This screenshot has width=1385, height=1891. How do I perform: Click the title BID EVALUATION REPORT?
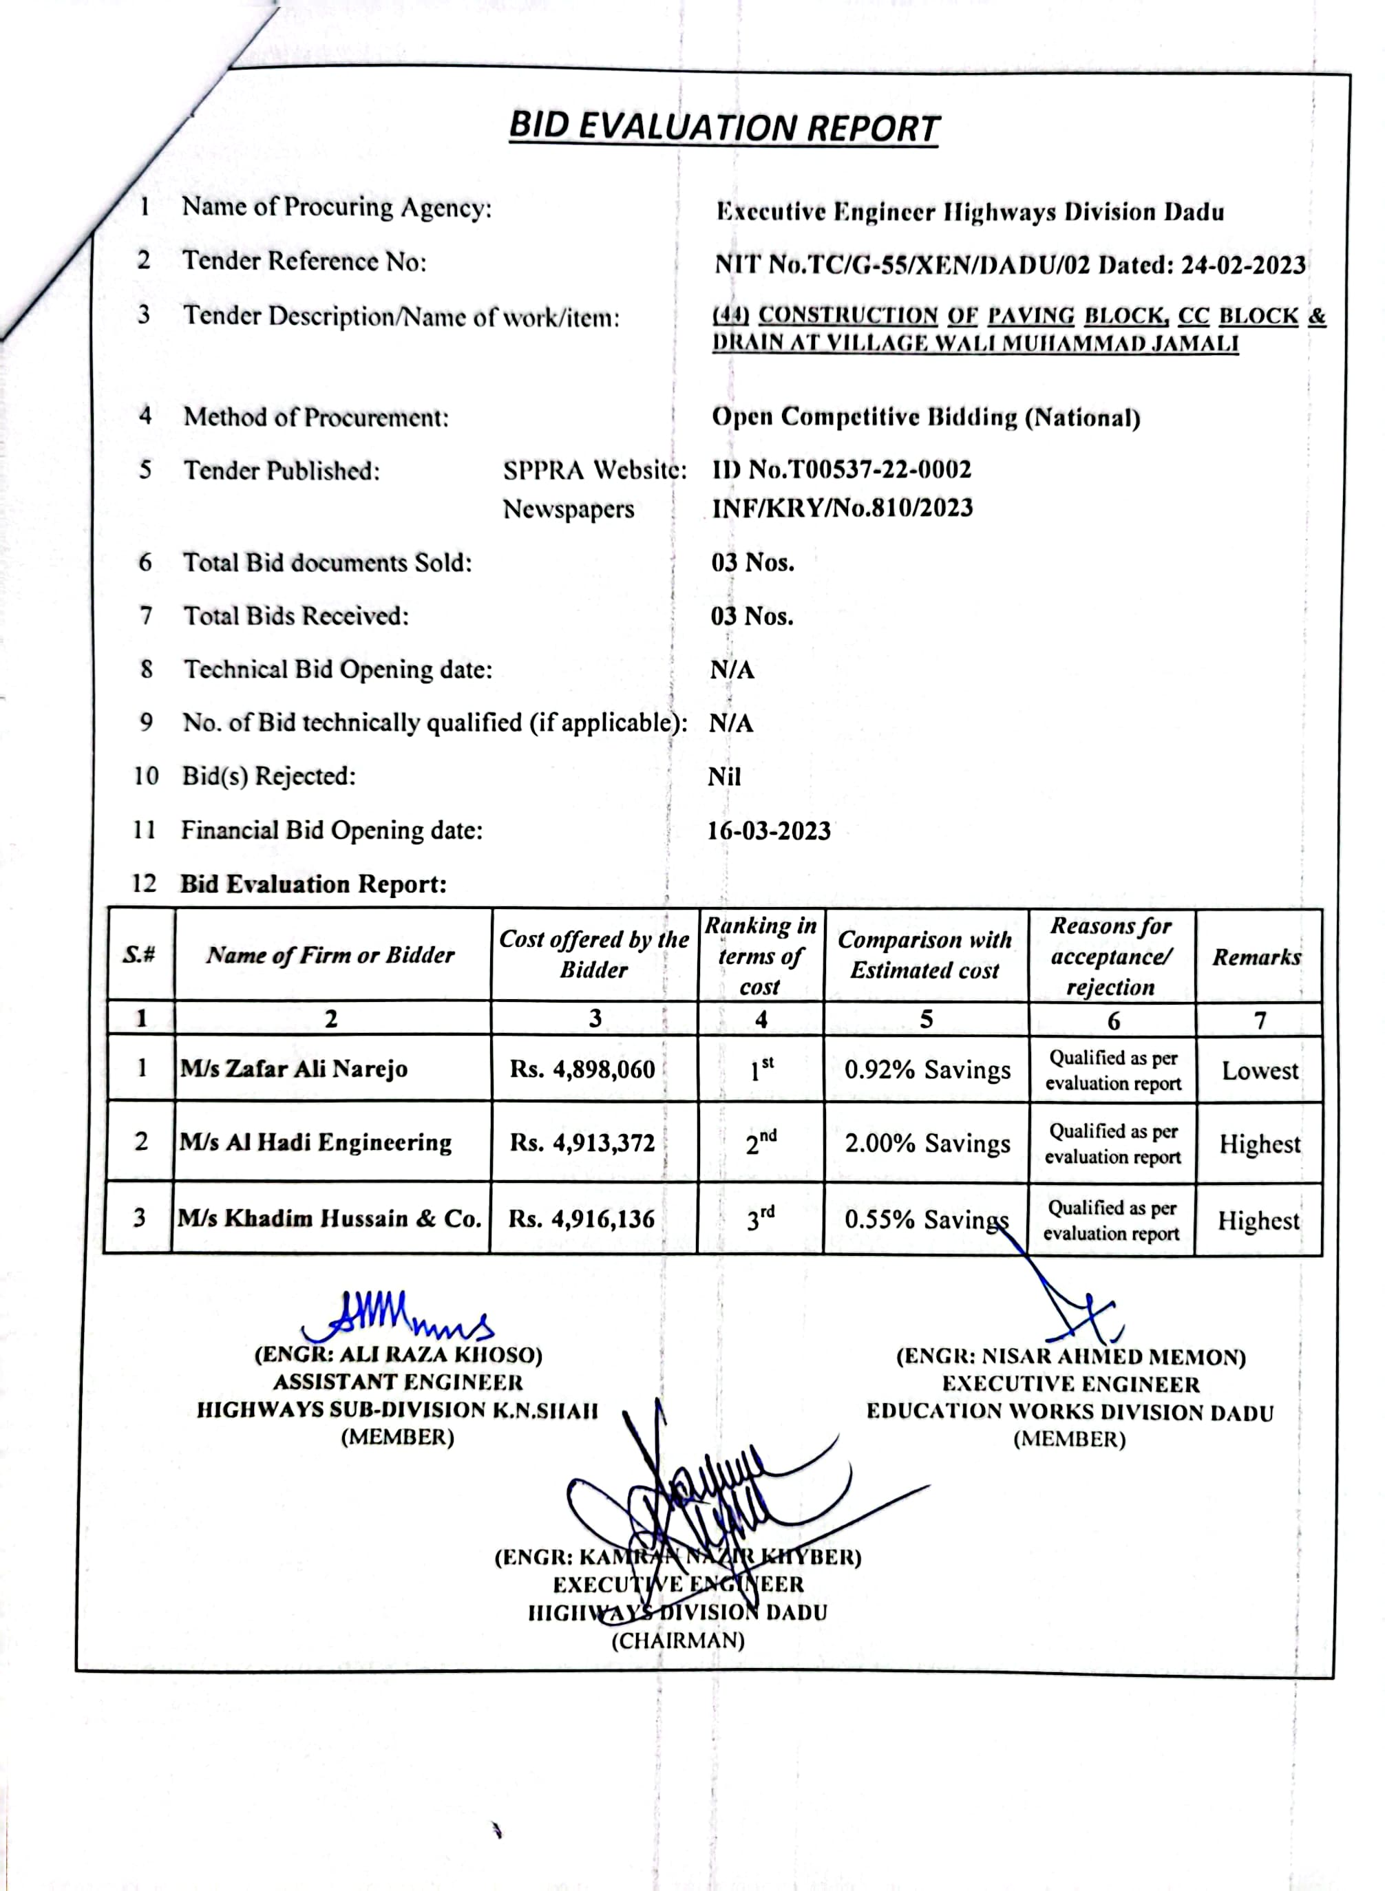pos(723,127)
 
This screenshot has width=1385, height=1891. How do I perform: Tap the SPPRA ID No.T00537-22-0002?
pos(842,469)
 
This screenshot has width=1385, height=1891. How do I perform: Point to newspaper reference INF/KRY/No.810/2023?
pos(843,508)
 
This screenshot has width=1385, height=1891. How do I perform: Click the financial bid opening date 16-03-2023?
pos(769,831)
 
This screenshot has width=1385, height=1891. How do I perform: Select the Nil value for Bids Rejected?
pos(724,777)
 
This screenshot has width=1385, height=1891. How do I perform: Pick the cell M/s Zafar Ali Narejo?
pos(294,1069)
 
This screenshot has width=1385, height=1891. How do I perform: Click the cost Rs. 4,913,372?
pos(582,1142)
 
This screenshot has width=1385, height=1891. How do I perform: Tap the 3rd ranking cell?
pos(761,1218)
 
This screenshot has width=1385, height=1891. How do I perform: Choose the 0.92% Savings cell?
pos(927,1070)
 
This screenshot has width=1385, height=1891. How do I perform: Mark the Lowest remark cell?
pos(1259,1070)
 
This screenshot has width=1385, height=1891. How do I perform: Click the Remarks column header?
pos(1257,957)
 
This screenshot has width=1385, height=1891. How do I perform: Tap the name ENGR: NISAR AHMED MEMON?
pos(1070,1357)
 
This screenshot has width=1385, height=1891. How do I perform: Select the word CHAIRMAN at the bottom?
pos(677,1641)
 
